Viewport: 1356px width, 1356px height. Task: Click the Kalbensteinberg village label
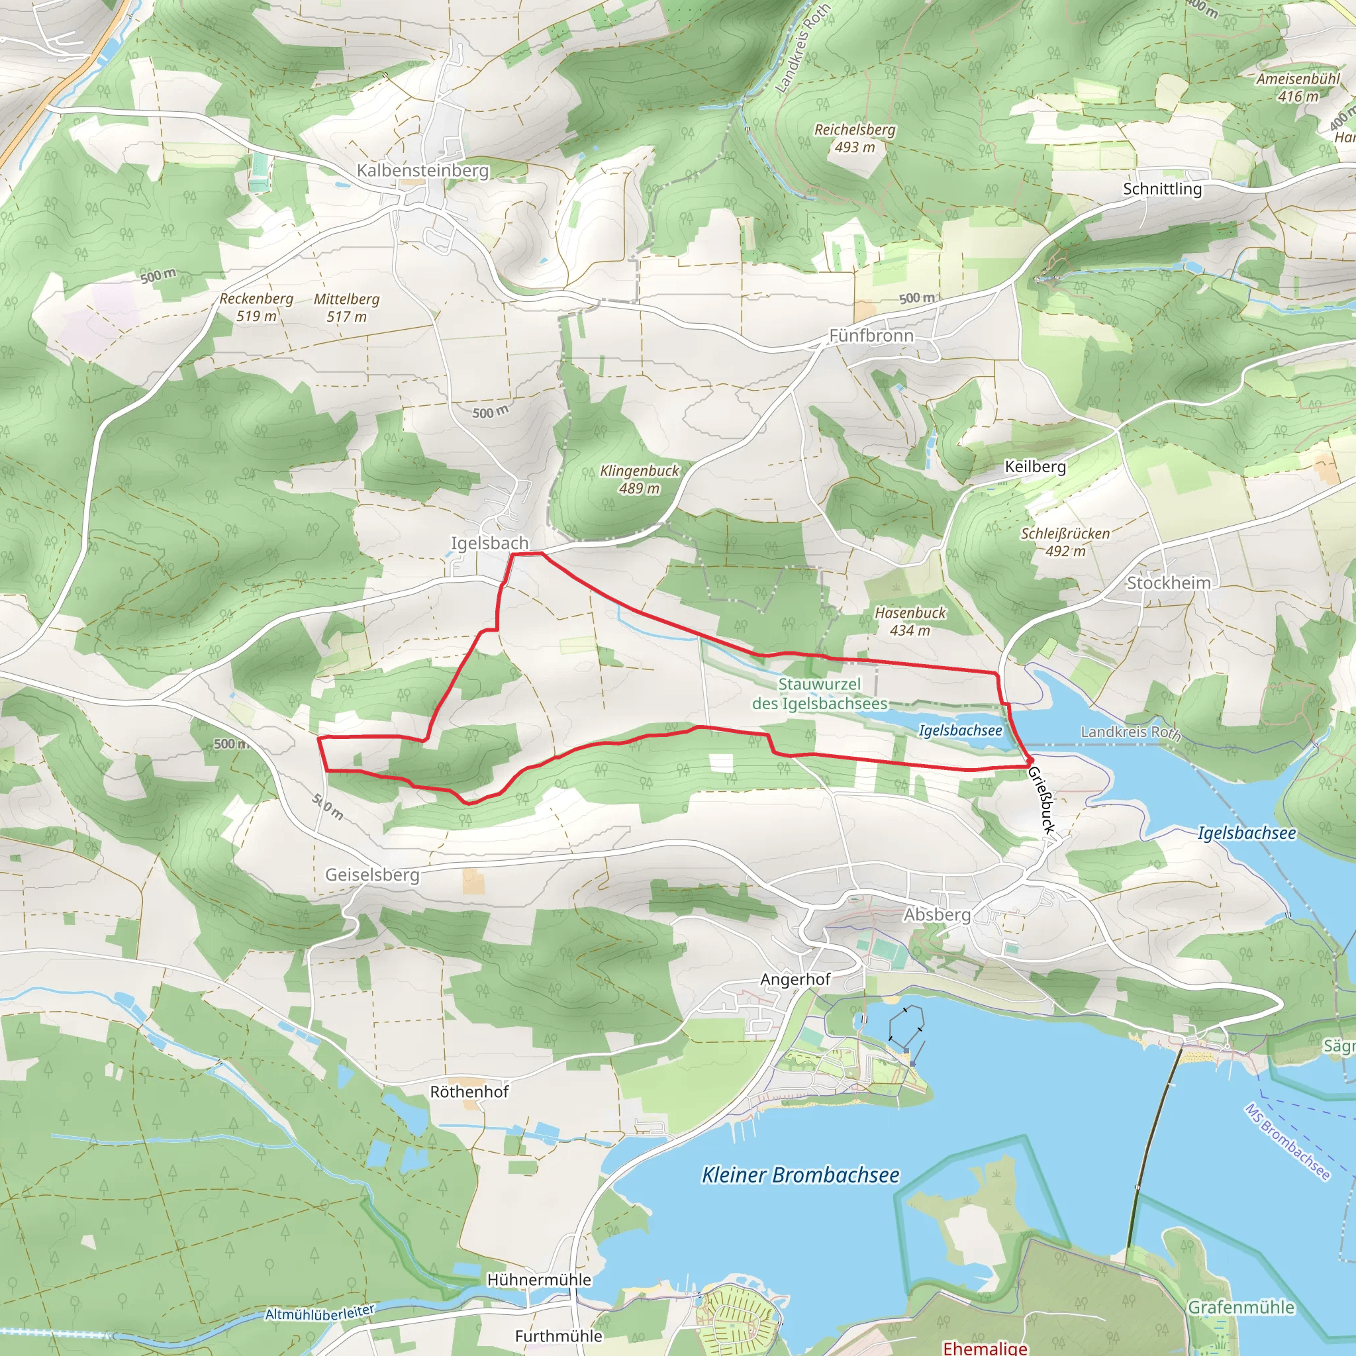(x=422, y=171)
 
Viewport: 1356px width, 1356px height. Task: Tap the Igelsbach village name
(x=489, y=543)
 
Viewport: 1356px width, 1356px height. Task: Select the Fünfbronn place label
(x=871, y=336)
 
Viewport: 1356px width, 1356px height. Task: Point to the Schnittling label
(x=1162, y=189)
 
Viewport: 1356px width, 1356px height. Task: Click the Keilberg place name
(x=1036, y=467)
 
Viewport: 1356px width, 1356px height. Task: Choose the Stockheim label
(x=1169, y=583)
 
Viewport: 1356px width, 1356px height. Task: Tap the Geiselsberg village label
(x=372, y=875)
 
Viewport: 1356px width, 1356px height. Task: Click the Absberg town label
(x=937, y=914)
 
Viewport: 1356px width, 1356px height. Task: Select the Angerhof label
(x=795, y=979)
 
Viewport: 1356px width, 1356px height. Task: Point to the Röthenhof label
(x=469, y=1091)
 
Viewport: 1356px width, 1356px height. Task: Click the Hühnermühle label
(x=539, y=1279)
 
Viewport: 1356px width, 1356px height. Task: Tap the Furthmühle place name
(x=559, y=1335)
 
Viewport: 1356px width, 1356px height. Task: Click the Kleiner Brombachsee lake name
(x=800, y=1175)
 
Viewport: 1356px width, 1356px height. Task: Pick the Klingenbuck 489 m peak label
(x=640, y=479)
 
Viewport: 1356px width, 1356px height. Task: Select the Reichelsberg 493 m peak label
(x=854, y=138)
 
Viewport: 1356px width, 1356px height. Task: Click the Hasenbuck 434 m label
(x=910, y=621)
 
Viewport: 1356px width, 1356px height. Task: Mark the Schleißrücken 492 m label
(x=1065, y=542)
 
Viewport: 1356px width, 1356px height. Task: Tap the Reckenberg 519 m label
(x=256, y=307)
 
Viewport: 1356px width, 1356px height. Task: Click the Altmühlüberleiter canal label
(x=320, y=1312)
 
